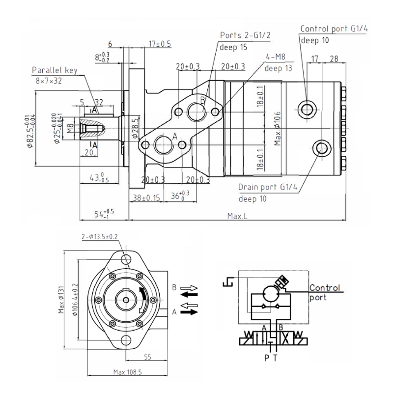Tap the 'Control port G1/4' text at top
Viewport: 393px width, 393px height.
(334, 29)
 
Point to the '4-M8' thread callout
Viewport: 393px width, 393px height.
(276, 57)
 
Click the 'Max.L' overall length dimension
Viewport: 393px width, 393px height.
(237, 216)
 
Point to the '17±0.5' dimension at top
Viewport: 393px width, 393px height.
(160, 44)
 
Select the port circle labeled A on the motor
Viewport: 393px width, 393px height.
(163, 145)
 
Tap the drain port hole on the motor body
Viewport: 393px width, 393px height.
(322, 147)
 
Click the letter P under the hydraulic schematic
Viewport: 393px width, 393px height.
(266, 358)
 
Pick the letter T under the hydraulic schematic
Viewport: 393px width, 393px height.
(275, 358)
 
